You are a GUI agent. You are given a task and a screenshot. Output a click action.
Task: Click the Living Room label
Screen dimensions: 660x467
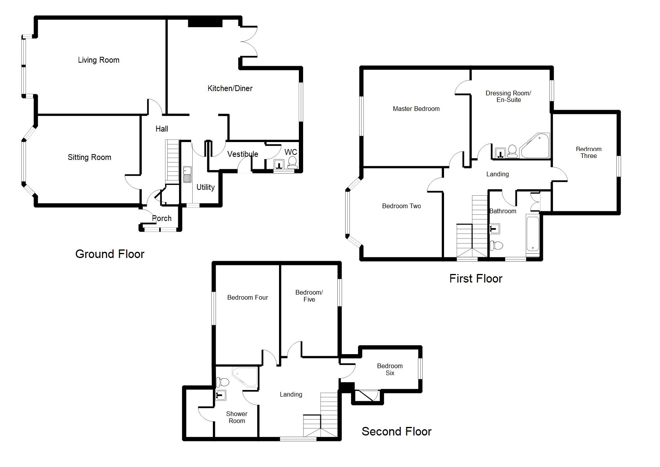point(98,60)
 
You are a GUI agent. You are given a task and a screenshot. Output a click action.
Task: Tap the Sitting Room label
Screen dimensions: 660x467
point(89,157)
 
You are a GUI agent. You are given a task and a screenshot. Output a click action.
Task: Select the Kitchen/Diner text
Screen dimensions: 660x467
point(230,88)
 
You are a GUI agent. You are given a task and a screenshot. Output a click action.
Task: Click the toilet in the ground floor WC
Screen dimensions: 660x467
point(292,162)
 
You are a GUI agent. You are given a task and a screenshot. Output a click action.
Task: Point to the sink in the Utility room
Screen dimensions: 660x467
point(187,174)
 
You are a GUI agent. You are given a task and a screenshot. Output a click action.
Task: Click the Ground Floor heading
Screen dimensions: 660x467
point(110,254)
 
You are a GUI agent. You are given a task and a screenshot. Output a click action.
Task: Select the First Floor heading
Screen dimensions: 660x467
point(476,278)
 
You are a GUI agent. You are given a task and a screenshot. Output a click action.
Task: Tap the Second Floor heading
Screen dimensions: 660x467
point(396,431)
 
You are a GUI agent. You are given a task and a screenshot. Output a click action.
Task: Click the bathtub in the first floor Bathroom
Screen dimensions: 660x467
point(532,233)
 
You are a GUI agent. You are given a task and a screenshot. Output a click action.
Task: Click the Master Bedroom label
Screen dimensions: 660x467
point(416,109)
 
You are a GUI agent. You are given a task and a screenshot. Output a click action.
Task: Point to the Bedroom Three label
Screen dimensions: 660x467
point(588,153)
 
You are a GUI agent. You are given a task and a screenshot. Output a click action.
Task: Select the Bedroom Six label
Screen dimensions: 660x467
point(390,369)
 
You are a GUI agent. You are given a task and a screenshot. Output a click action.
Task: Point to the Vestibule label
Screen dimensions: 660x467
point(242,154)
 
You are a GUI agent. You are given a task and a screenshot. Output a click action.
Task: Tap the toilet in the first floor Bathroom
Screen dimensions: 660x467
point(497,245)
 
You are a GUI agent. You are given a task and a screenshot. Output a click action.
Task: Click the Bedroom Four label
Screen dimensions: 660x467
point(247,298)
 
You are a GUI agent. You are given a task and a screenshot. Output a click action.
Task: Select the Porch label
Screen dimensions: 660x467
point(162,218)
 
